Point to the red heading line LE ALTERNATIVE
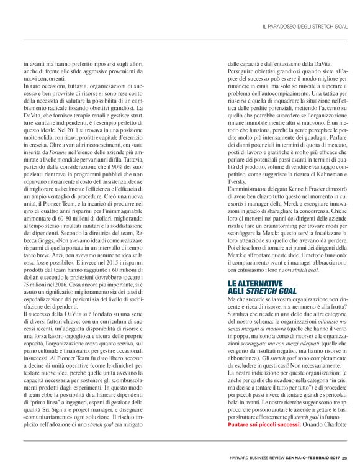(x=250, y=283)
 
